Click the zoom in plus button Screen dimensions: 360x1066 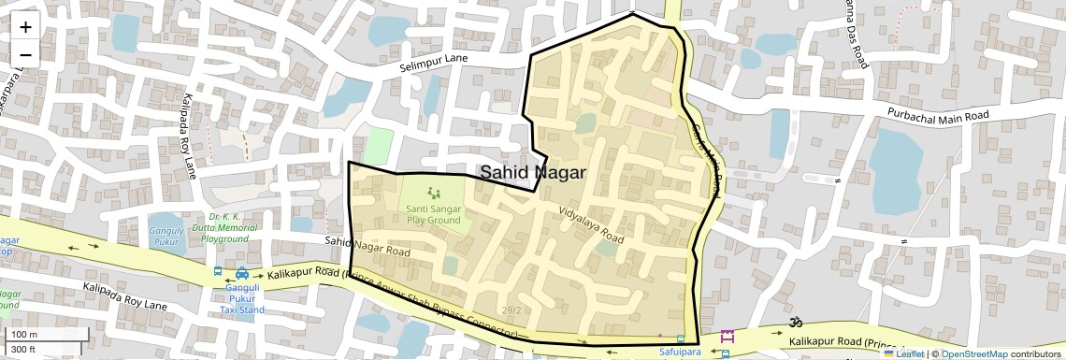coord(25,26)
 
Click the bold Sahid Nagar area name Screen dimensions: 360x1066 coord(532,173)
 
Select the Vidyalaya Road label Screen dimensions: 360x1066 coord(591,224)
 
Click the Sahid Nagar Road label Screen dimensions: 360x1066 coord(367,247)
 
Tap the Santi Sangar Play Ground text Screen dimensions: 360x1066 coord(433,214)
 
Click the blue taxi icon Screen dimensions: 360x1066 coord(242,274)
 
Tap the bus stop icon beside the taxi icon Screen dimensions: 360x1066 coord(218,272)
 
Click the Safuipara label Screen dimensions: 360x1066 coord(679,353)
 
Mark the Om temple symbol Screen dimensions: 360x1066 coord(795,323)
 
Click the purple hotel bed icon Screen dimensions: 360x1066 coord(727,337)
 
